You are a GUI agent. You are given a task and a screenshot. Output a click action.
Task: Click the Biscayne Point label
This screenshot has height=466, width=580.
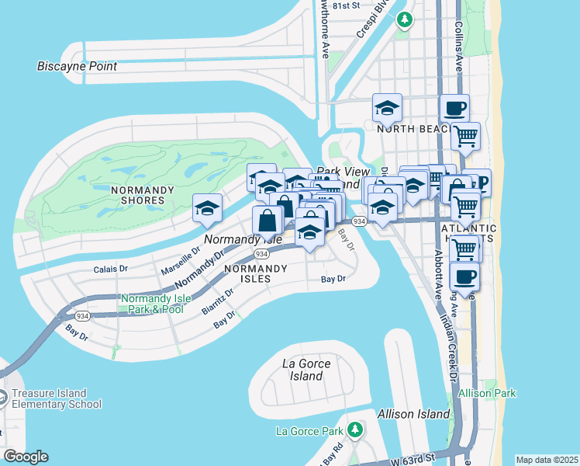pyautogui.click(x=77, y=66)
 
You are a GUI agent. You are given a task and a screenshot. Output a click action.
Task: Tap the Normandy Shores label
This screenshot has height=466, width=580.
pyautogui.click(x=138, y=195)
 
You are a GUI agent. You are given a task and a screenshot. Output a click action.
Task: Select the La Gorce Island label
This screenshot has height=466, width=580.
pyautogui.click(x=306, y=370)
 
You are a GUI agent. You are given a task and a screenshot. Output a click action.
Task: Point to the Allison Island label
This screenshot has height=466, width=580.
pyautogui.click(x=414, y=414)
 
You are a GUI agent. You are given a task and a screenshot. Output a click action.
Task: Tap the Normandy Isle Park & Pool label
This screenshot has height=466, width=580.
pyautogui.click(x=152, y=304)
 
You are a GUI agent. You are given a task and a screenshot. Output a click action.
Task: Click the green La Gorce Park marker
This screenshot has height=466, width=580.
pyautogui.click(x=355, y=429)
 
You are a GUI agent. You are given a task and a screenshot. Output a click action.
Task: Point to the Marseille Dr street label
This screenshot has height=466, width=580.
pyautogui.click(x=180, y=261)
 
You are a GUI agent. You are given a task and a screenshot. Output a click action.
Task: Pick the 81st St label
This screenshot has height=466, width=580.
pyautogui.click(x=342, y=5)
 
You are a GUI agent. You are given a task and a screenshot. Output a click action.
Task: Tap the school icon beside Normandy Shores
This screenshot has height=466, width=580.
pyautogui.click(x=207, y=209)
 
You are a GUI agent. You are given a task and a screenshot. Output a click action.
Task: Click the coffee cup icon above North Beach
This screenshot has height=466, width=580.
pyautogui.click(x=454, y=109)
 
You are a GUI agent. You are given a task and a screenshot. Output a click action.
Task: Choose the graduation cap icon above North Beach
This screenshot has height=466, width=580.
pyautogui.click(x=386, y=109)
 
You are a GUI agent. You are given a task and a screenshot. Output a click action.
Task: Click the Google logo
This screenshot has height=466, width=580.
pyautogui.click(x=26, y=457)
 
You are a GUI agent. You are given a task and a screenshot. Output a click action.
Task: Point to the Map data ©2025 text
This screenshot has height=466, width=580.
pyautogui.click(x=546, y=460)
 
